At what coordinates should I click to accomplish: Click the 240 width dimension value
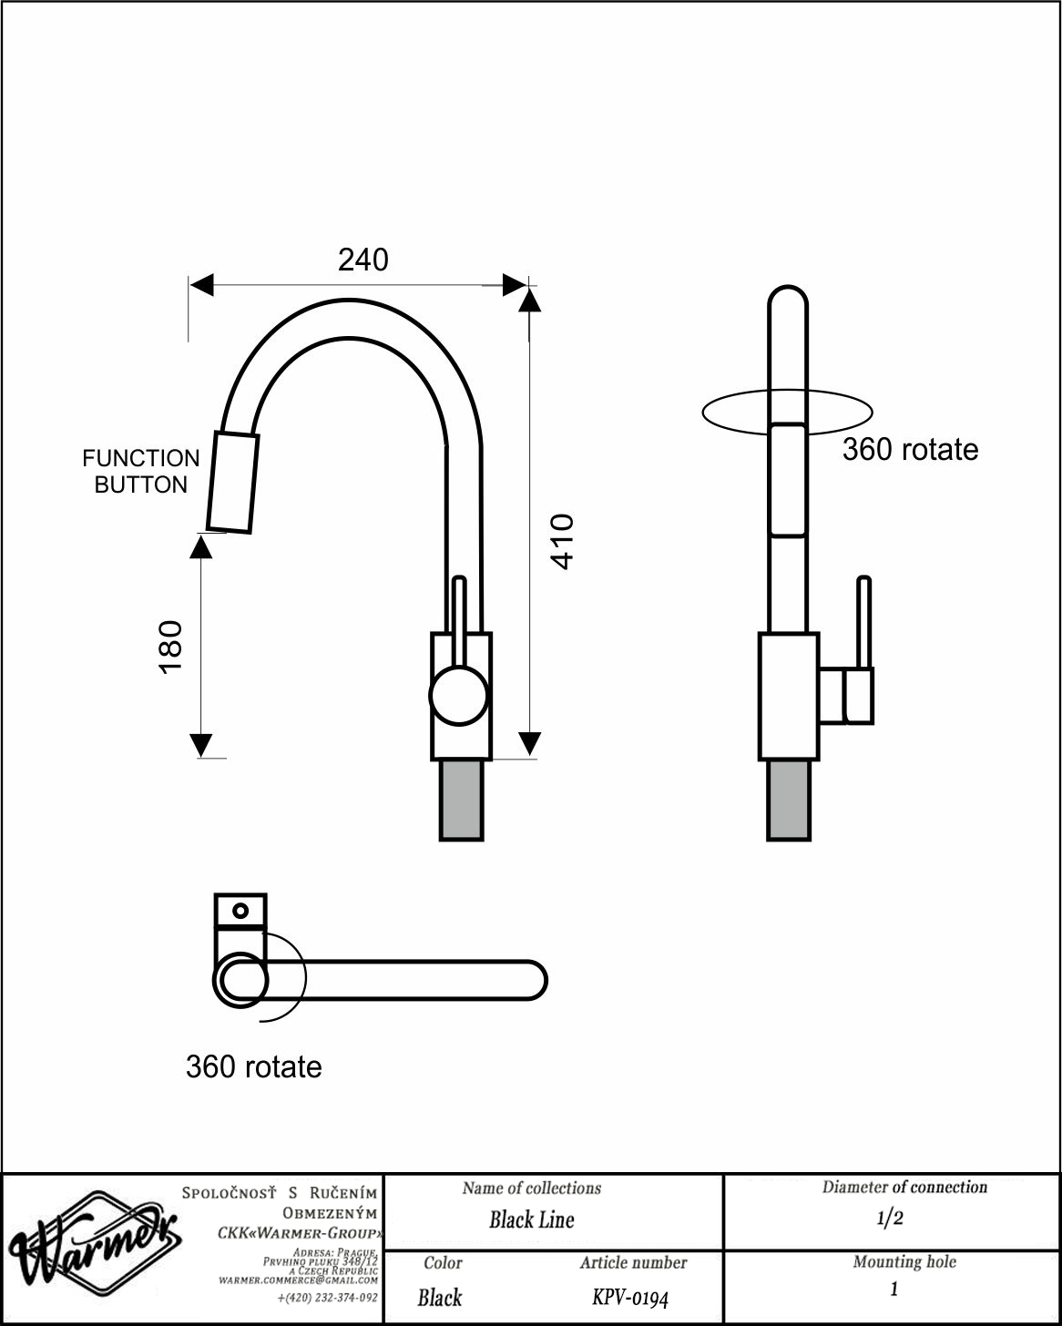[x=363, y=260]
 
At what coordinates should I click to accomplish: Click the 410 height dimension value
[x=562, y=542]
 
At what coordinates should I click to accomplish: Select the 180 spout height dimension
[x=170, y=648]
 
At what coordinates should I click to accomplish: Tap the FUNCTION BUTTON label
[x=140, y=472]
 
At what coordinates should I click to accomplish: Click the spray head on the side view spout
[x=232, y=482]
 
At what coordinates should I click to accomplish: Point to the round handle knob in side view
[x=458, y=696]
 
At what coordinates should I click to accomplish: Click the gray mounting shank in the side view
[x=461, y=800]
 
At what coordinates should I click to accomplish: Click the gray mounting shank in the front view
[x=789, y=800]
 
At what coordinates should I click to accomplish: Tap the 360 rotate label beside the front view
[x=910, y=449]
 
